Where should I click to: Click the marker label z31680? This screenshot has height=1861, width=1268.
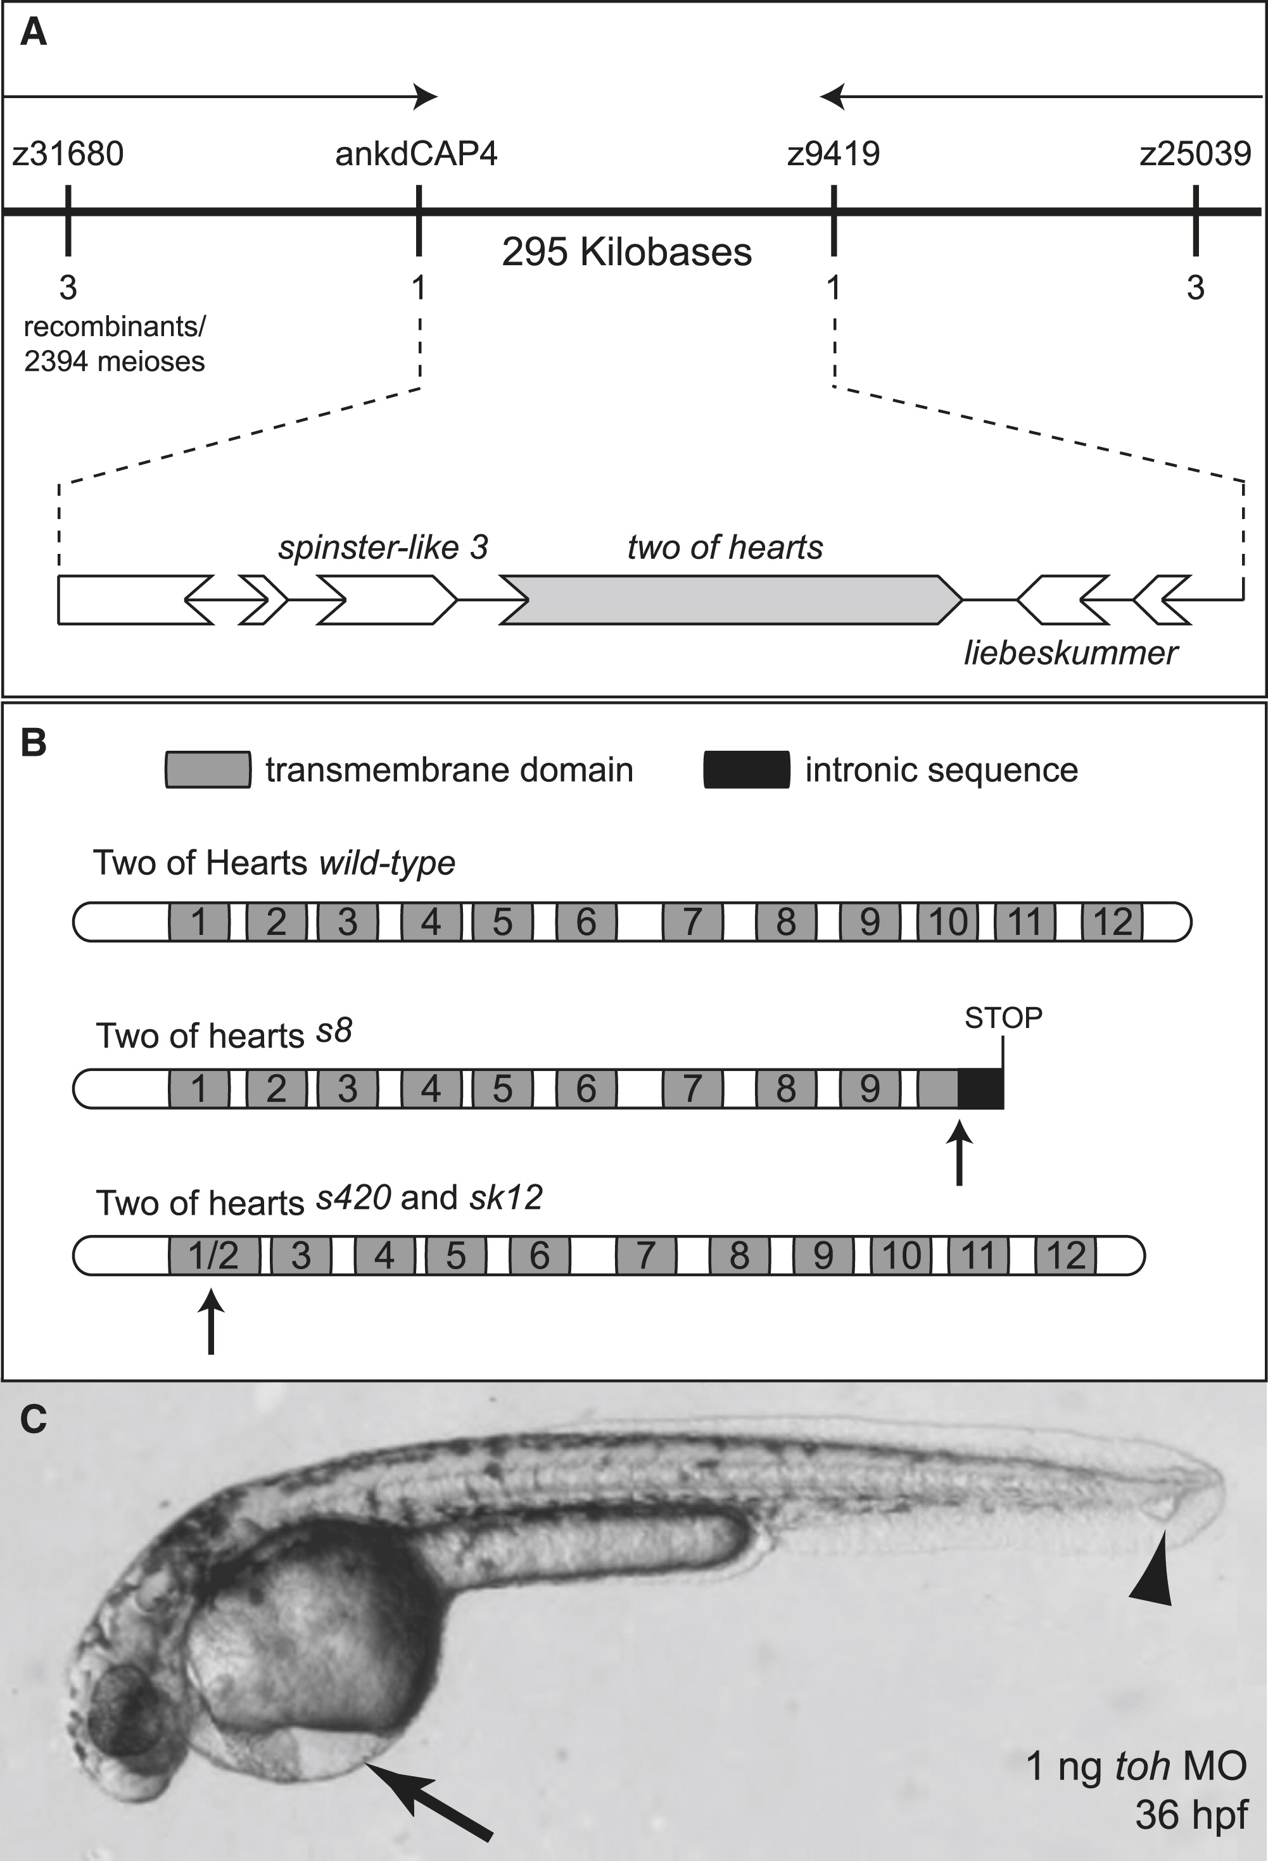(68, 153)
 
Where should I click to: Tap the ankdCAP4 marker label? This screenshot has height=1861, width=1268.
(417, 153)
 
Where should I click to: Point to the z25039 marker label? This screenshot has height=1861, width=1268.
(1195, 153)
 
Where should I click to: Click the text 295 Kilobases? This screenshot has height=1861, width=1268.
(626, 252)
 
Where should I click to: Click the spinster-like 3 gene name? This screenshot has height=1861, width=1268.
(383, 548)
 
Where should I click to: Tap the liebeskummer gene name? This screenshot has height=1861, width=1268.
(1070, 653)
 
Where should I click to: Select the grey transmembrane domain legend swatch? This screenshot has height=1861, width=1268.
(208, 770)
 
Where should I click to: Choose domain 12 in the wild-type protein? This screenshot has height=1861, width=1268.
(1112, 922)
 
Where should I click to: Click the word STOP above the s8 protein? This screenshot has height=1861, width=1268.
(1003, 1018)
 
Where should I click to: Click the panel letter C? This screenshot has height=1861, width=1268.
(32, 1420)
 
